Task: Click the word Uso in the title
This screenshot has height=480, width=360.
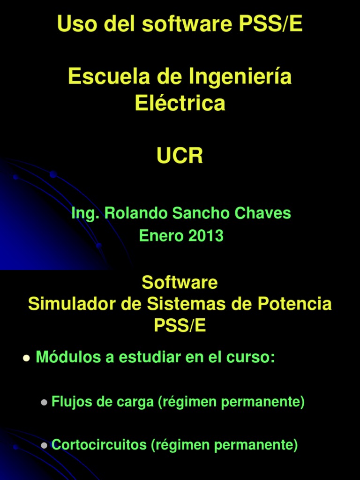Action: coord(75,24)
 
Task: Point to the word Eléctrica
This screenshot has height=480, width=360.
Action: coord(180,103)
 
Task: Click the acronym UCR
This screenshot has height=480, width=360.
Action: coord(180,155)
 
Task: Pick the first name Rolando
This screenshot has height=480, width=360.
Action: coord(136,213)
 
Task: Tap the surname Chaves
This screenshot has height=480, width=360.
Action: coord(262,213)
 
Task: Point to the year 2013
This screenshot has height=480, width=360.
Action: coord(206,236)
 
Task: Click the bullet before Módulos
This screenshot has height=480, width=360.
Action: coord(26,359)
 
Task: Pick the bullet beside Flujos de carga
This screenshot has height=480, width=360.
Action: coord(44,403)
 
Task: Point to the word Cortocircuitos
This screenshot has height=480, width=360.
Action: coord(99,444)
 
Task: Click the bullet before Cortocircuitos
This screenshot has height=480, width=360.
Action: coord(44,445)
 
